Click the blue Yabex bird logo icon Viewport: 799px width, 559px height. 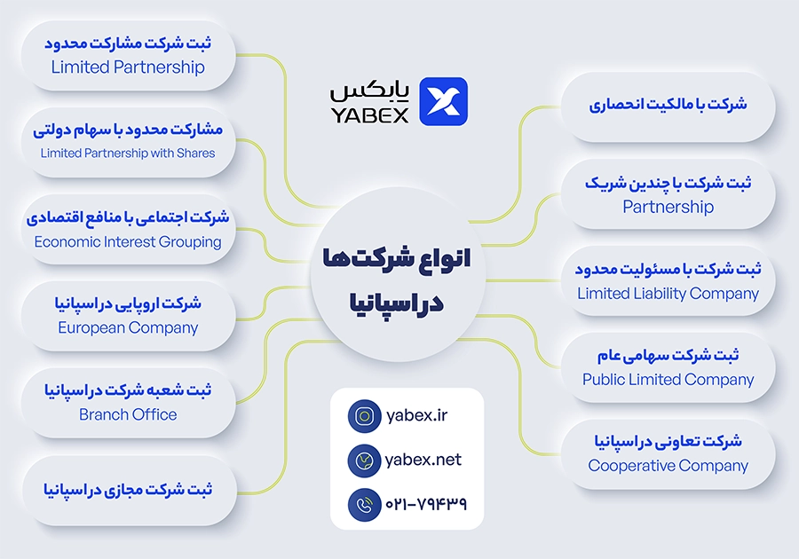click(443, 101)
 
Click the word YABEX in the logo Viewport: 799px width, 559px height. click(370, 115)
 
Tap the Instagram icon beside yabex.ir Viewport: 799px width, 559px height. click(364, 416)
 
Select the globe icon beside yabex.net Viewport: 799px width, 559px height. click(364, 461)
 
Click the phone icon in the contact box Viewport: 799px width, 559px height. click(364, 505)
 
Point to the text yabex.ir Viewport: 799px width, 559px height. click(417, 415)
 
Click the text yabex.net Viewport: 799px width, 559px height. click(423, 460)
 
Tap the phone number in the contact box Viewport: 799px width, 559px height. click(426, 504)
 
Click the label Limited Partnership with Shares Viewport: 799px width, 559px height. click(128, 154)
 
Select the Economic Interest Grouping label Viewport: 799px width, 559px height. click(128, 242)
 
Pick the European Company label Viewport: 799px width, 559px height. click(128, 328)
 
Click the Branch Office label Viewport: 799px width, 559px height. click(128, 414)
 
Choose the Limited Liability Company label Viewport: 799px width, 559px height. click(668, 294)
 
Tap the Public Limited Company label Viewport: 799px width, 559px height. click(668, 380)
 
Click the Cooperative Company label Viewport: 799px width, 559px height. click(668, 466)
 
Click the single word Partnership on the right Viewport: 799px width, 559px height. click(668, 208)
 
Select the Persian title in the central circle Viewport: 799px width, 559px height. click(397, 280)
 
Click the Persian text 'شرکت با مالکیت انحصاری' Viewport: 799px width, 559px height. click(668, 105)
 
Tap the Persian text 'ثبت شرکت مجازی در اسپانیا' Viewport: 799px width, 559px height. click(128, 490)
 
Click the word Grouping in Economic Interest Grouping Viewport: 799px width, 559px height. click(189, 242)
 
